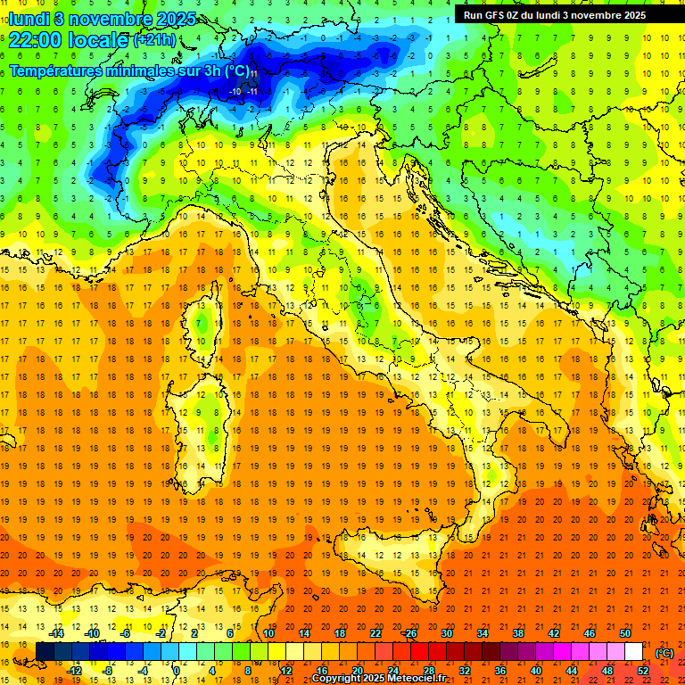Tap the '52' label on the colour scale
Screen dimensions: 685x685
point(642,671)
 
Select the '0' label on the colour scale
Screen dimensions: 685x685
point(177,671)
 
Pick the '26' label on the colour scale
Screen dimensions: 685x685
point(410,633)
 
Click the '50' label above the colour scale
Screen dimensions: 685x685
point(625,633)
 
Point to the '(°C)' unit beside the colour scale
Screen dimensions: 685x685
point(664,653)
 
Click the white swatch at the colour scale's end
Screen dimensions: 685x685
point(633,652)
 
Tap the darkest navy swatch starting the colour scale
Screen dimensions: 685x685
point(44,652)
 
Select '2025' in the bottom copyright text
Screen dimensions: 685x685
point(372,679)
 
